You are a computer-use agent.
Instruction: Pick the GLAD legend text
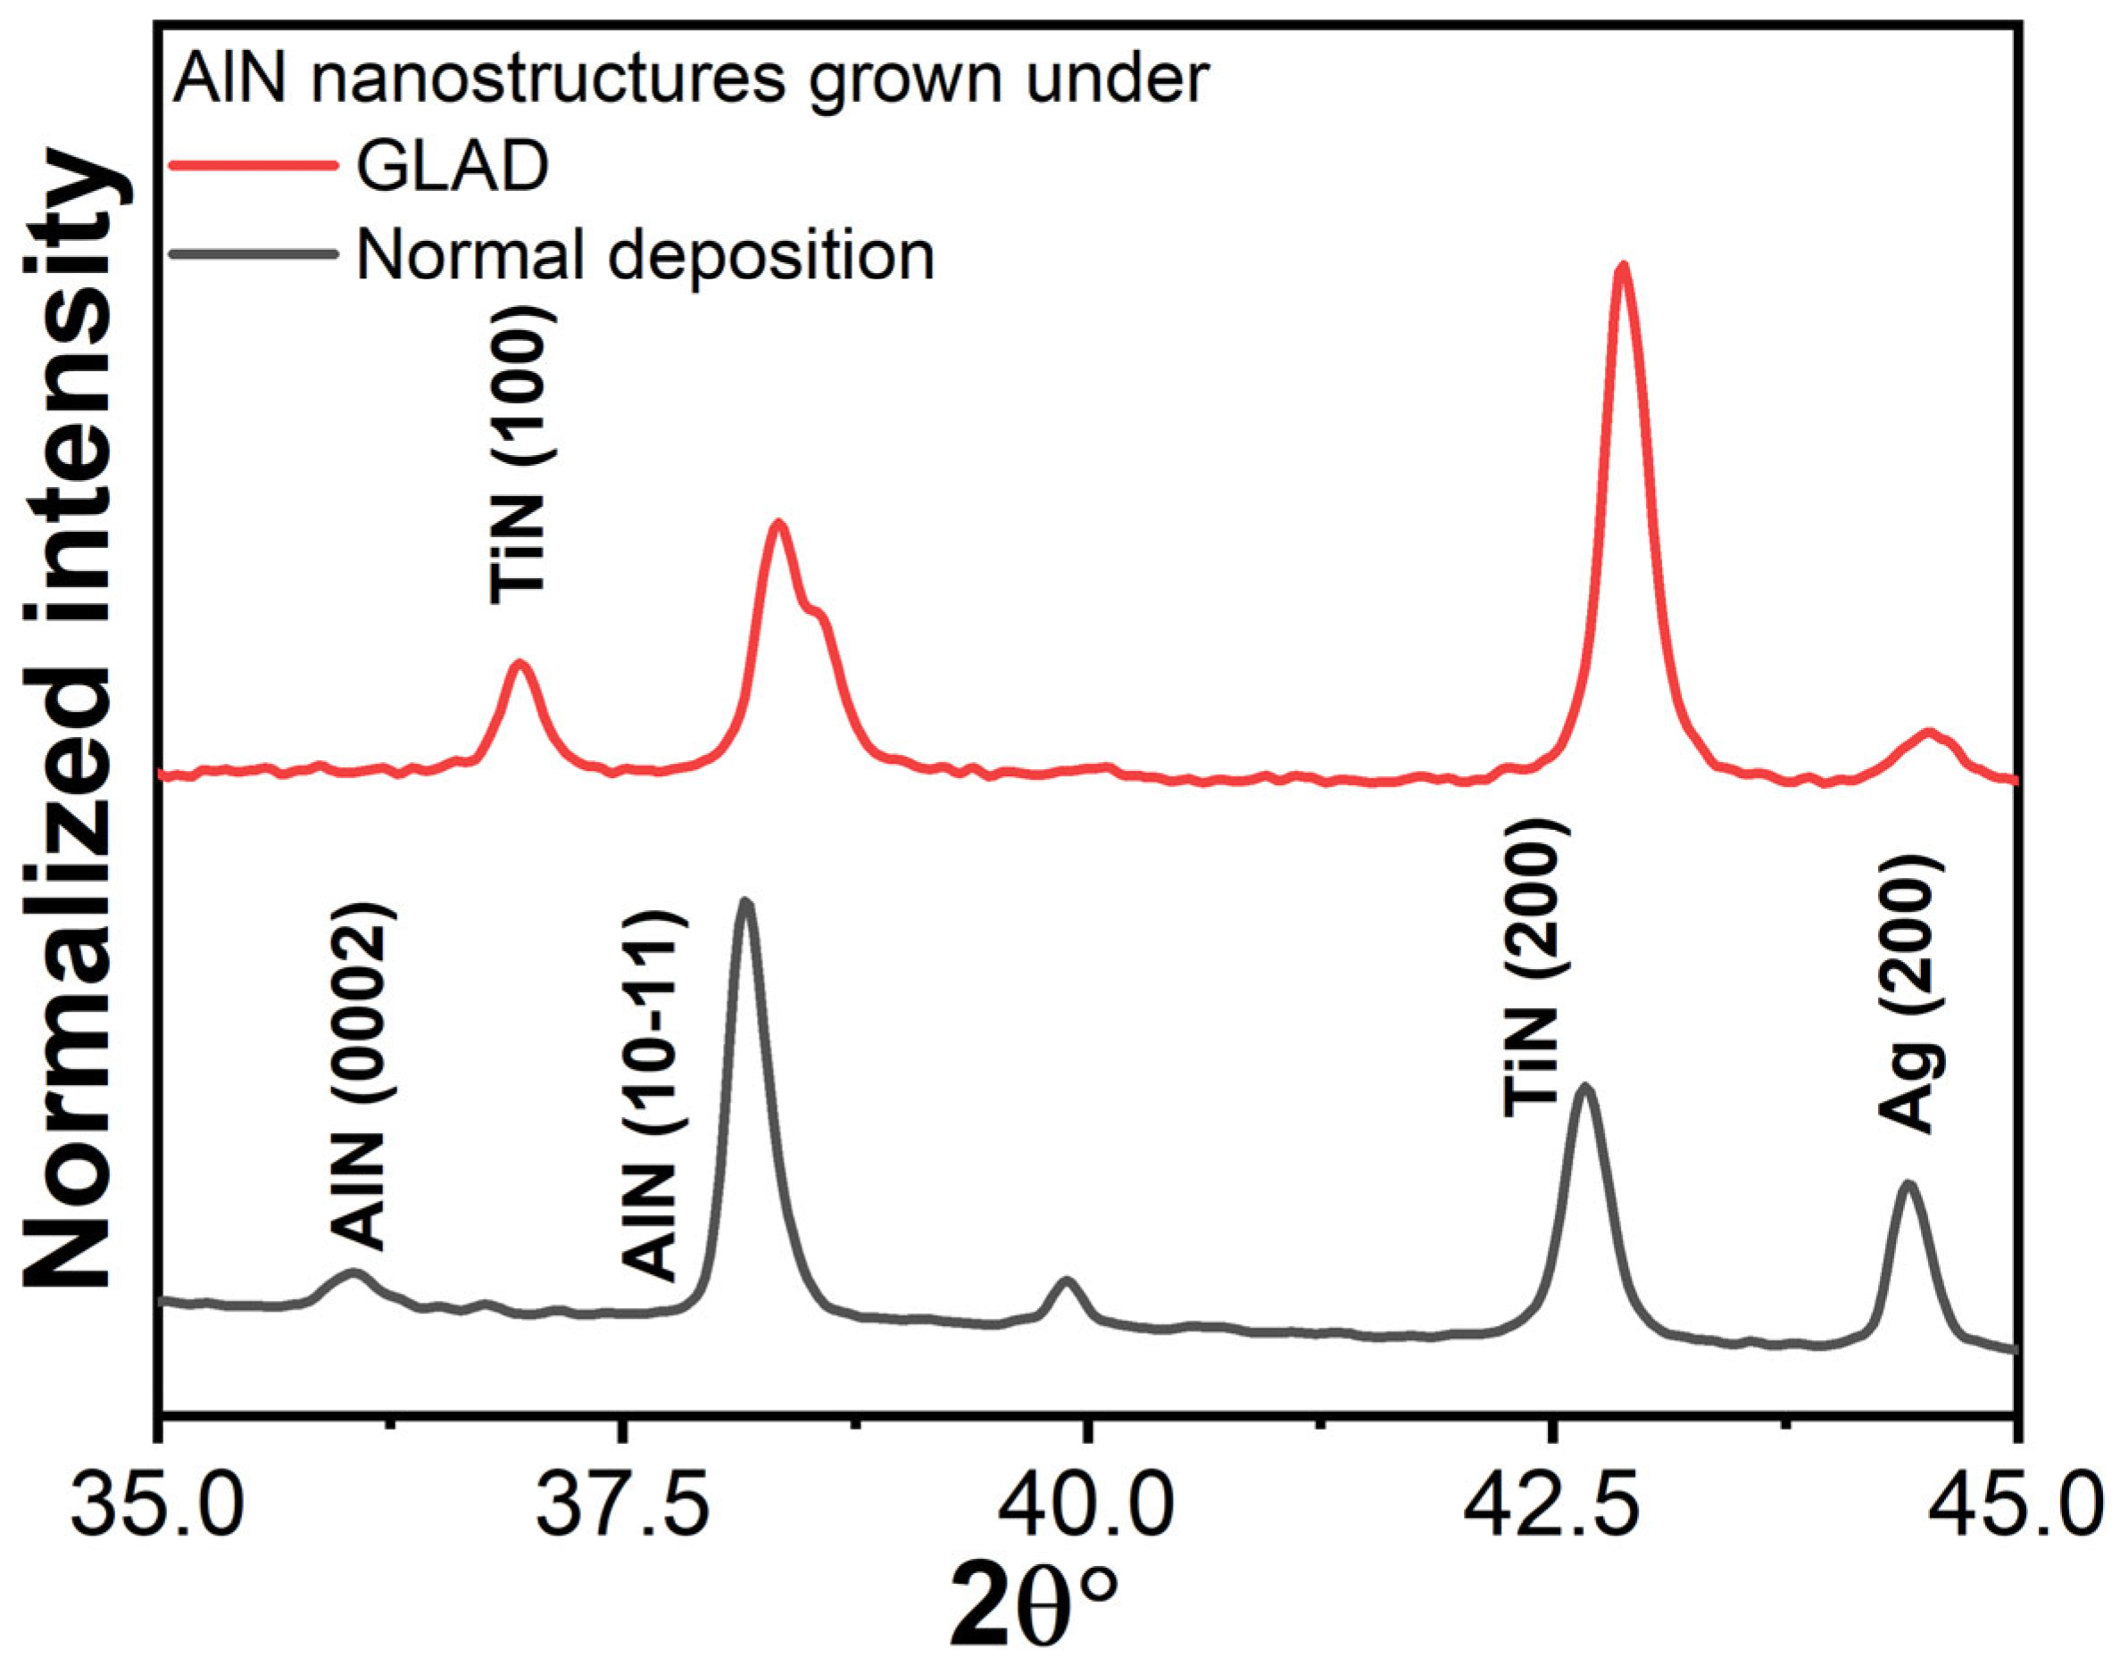(452, 166)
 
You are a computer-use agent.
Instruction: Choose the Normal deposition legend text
(644, 255)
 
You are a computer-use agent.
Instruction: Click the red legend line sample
(254, 166)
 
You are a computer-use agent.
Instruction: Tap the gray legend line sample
(254, 254)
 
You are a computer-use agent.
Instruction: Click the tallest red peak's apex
(1623, 265)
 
